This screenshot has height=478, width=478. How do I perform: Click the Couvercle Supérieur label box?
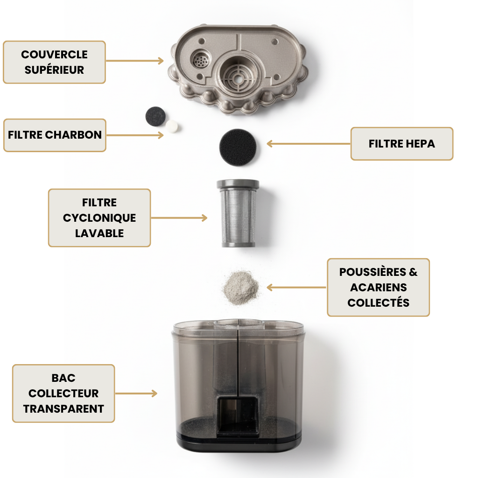[x=54, y=62]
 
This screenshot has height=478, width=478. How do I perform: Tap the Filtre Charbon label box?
[x=55, y=135]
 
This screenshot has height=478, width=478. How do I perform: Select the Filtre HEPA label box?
[x=402, y=144]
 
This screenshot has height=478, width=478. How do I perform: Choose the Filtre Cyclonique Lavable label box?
[x=99, y=218]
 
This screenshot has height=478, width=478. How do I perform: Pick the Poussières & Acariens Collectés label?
[x=378, y=287]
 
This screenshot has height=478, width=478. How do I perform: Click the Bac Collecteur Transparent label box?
[x=63, y=393]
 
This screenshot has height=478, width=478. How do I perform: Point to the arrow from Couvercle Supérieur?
[x=135, y=61]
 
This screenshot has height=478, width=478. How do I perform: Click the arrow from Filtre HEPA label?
[x=309, y=144]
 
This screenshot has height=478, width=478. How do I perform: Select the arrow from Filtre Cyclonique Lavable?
[x=179, y=218]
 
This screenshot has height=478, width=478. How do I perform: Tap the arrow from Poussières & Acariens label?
[x=296, y=287]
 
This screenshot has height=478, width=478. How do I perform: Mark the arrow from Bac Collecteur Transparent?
[x=136, y=393]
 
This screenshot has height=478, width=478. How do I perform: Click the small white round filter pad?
[x=172, y=126]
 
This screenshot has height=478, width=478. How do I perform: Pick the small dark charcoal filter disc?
[x=155, y=116]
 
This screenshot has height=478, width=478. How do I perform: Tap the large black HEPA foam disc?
[x=238, y=147]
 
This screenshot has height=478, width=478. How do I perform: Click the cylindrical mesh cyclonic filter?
[x=238, y=213]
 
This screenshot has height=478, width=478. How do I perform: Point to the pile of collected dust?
[x=241, y=288]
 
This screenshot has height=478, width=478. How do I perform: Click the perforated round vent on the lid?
[x=200, y=59]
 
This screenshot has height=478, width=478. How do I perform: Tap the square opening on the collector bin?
[x=238, y=415]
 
